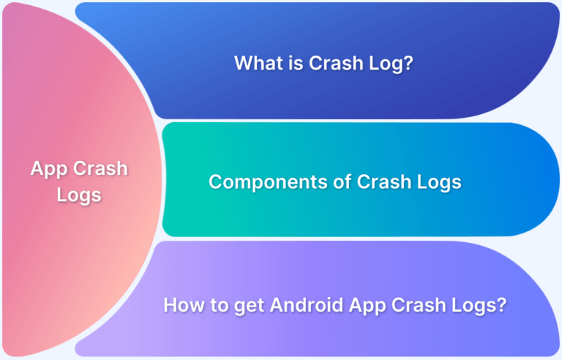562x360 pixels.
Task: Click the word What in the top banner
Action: click(x=256, y=63)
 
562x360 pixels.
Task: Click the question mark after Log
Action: click(x=408, y=63)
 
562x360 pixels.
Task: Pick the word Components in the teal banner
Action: click(x=268, y=182)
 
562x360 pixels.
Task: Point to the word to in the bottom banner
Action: click(x=220, y=306)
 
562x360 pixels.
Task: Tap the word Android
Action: click(x=307, y=305)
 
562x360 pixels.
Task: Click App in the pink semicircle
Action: click(x=49, y=169)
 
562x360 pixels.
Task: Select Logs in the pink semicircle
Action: click(x=79, y=196)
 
